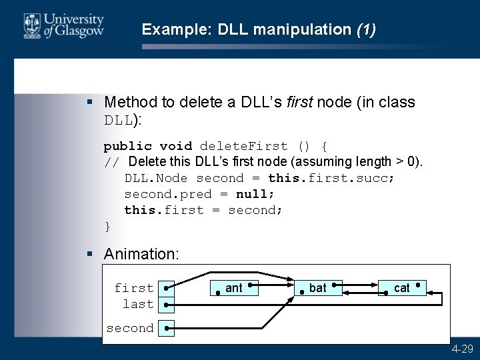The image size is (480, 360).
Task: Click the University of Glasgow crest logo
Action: pyautogui.click(x=31, y=26)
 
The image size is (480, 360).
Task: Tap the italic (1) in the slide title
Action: pyautogui.click(x=366, y=29)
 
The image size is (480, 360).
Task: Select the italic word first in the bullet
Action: pyautogui.click(x=299, y=102)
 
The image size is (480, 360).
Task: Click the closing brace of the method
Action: pyautogui.click(x=107, y=226)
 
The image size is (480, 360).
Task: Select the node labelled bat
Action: pyautogui.click(x=318, y=288)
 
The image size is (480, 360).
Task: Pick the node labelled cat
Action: pyautogui.click(x=401, y=288)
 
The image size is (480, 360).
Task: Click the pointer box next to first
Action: pyautogui.click(x=166, y=288)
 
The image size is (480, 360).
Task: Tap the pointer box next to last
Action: pyautogui.click(x=166, y=304)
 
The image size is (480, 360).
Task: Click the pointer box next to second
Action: pyautogui.click(x=166, y=328)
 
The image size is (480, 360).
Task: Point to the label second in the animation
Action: pyautogui.click(x=129, y=328)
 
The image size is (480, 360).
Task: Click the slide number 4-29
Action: pyautogui.click(x=462, y=349)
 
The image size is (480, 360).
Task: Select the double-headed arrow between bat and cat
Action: pyautogui.click(x=360, y=288)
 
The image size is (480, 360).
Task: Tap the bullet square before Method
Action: pyautogui.click(x=91, y=102)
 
